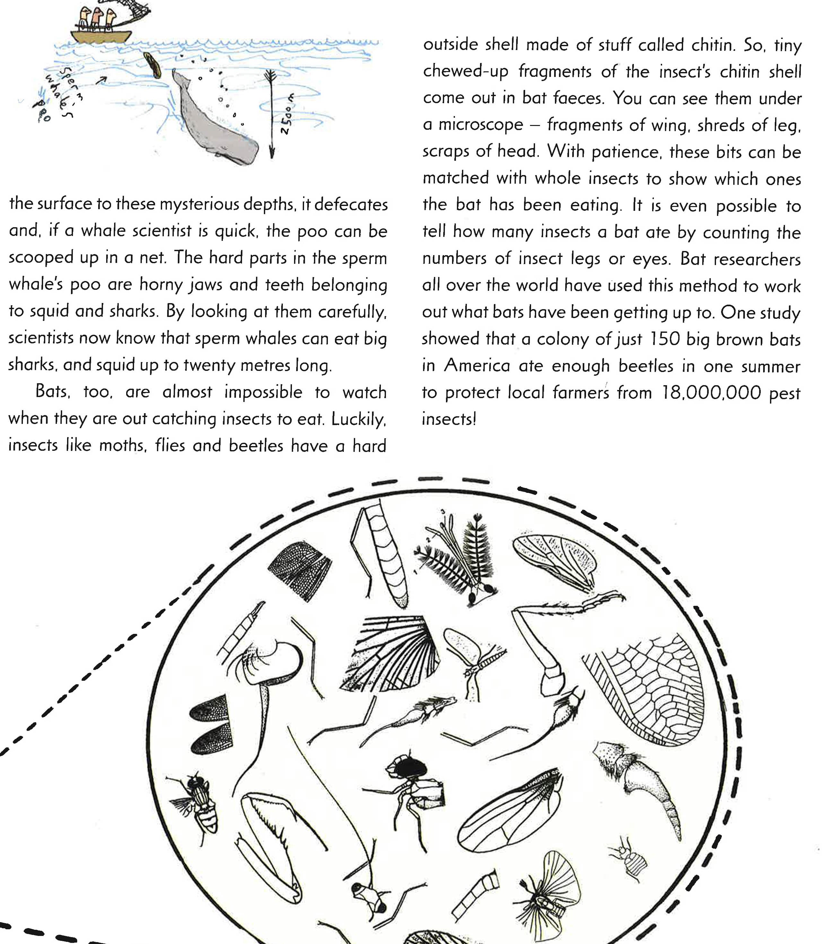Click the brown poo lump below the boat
point(152,65)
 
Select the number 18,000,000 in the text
point(711,393)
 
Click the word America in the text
point(477,366)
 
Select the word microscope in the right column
point(480,125)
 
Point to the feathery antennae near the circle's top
point(457,554)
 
